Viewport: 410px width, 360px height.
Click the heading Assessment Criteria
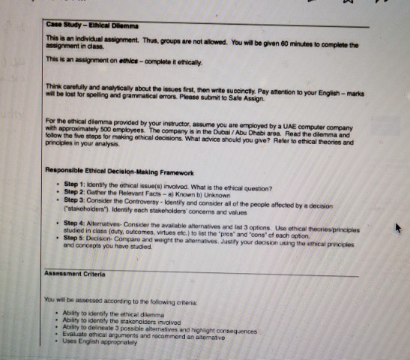72,275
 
